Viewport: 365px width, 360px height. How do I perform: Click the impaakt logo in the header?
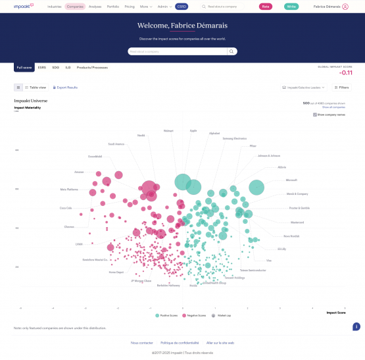[x=23, y=6]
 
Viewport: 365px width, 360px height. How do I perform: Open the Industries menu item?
[x=55, y=6]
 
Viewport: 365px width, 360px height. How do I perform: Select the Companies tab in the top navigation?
[x=75, y=6]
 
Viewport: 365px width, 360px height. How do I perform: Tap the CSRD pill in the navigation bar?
[x=182, y=6]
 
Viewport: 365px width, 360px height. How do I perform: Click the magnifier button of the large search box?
[x=232, y=51]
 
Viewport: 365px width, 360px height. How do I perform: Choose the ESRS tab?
[x=42, y=67]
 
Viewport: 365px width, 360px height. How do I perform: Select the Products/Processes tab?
[x=92, y=67]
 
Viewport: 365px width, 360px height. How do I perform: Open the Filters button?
[x=341, y=87]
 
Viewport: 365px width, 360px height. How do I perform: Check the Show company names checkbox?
[x=315, y=115]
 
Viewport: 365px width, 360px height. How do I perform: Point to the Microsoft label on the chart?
[x=291, y=180]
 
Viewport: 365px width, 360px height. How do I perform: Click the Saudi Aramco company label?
[x=116, y=143]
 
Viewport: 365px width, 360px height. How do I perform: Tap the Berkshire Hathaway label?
[x=168, y=285]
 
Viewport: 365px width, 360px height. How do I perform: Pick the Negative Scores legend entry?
[x=194, y=315]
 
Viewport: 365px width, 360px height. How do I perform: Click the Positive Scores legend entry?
[x=167, y=315]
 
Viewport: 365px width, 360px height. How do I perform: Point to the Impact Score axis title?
[x=336, y=313]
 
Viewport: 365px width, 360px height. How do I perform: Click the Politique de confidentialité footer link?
[x=180, y=343]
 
